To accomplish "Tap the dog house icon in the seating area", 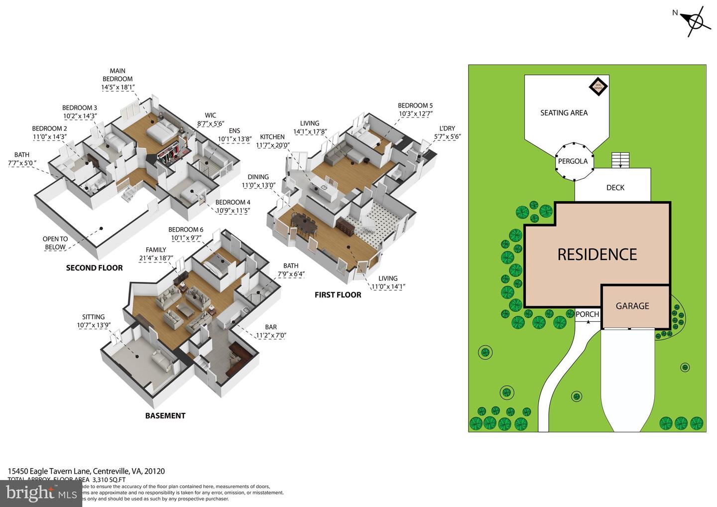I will coord(598,87).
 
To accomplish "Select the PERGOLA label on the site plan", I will coord(573,161).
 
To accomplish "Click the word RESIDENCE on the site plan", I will coord(597,254).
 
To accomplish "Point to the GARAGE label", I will coord(632,306).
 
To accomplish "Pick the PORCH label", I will coord(587,314).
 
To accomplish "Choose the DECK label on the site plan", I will coord(615,188).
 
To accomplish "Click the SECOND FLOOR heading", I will coord(94,268).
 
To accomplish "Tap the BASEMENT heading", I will coord(165,416).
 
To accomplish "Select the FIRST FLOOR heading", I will coord(338,295).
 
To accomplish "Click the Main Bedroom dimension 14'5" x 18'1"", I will coord(118,87).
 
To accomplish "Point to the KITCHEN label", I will coord(272,137).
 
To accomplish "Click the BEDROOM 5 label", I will coord(415,106).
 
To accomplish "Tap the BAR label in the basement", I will coord(271,327).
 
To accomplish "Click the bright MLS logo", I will coord(41,493).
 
